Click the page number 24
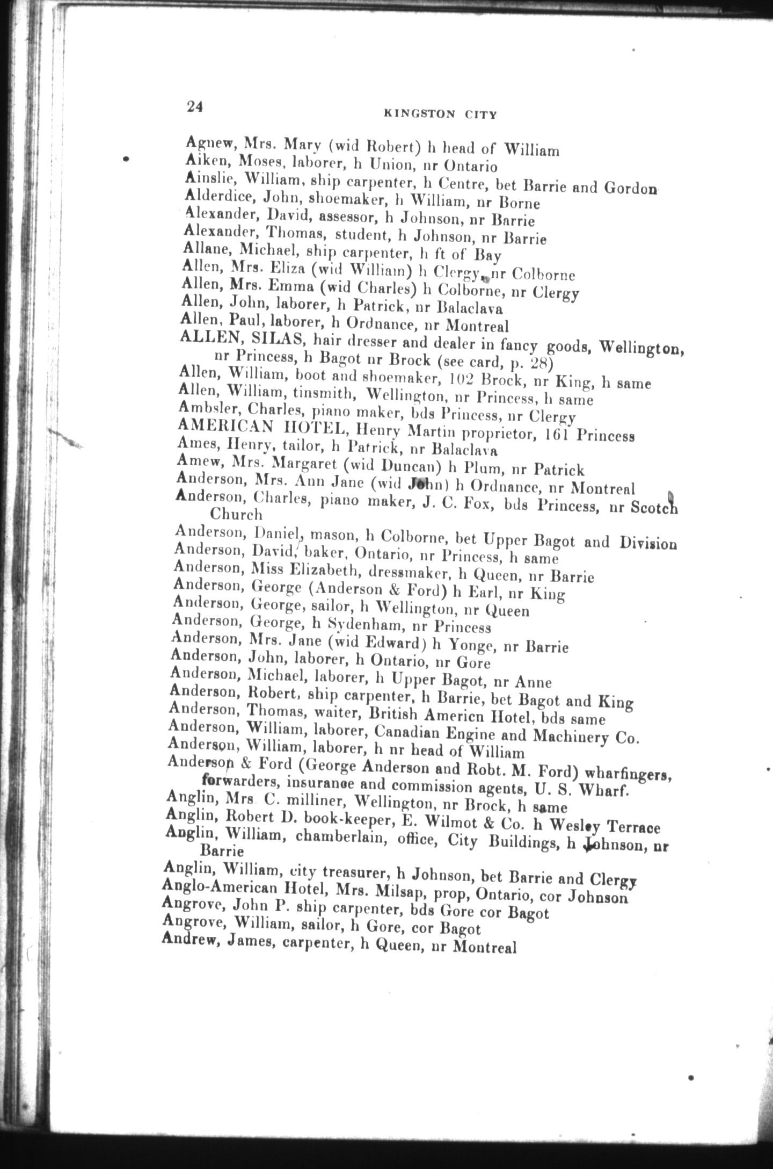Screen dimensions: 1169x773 point(194,106)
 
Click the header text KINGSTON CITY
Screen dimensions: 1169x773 point(440,114)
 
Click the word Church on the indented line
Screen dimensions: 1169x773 point(236,514)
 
